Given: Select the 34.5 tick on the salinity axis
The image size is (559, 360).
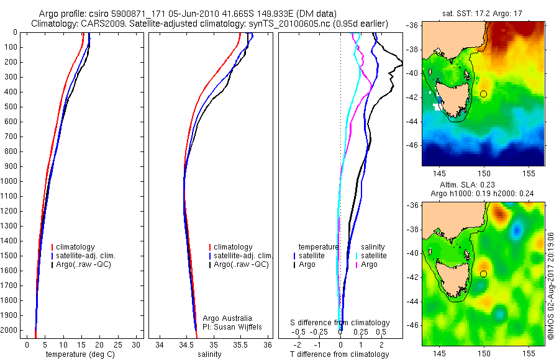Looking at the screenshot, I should (x=186, y=344).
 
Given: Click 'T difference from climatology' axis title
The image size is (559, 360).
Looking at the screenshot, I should (x=340, y=354).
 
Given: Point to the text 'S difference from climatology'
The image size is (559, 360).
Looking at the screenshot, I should (x=340, y=323).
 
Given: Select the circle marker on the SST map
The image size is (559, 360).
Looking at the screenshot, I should (x=483, y=94).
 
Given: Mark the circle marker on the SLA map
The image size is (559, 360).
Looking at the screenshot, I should (x=483, y=274).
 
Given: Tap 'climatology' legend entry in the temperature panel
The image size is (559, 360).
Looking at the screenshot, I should (x=75, y=247).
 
